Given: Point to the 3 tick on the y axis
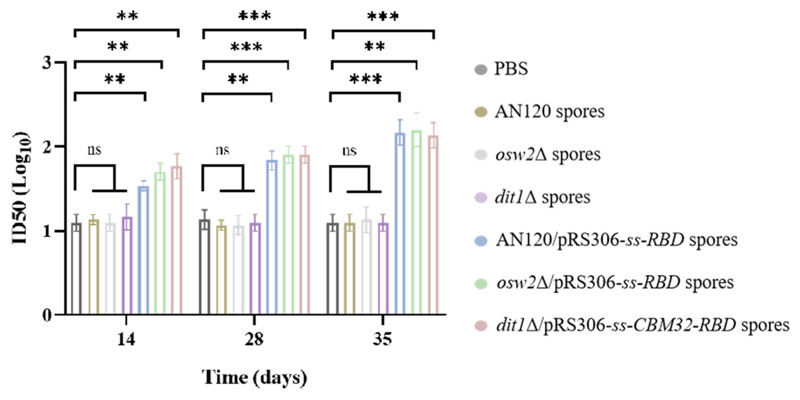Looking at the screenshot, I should [x=47, y=63].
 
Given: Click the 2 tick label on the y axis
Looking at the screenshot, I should [x=47, y=146].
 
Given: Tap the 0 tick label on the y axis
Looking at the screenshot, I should [x=47, y=315].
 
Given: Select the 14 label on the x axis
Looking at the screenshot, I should [x=126, y=340].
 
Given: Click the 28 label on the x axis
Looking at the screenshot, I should [x=254, y=340].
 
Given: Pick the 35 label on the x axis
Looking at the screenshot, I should [x=382, y=340].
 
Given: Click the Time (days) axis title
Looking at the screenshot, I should [x=254, y=378].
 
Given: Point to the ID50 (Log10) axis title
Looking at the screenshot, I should [x=21, y=188].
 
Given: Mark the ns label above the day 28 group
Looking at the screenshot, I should [x=222, y=151].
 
